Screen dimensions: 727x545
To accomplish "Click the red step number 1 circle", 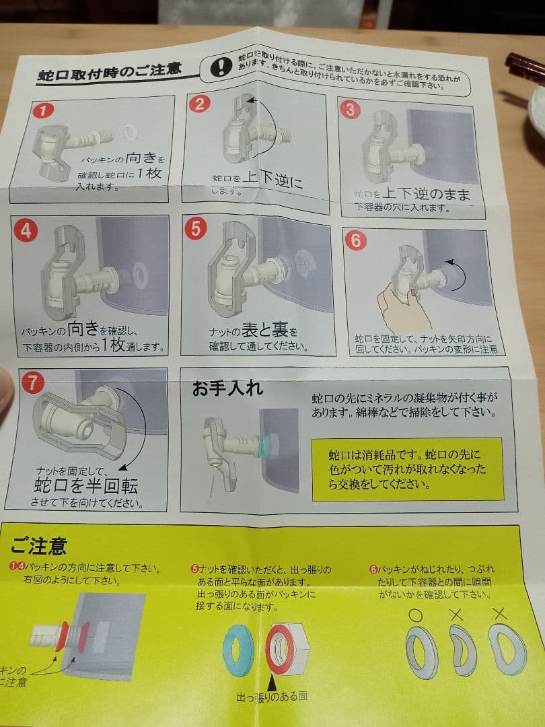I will tap(42, 111).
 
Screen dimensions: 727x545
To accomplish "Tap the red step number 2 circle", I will tap(200, 104).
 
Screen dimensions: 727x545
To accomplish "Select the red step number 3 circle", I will tap(350, 109).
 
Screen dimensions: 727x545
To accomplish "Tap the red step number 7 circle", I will tap(32, 382).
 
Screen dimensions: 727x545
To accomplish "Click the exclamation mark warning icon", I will tap(220, 67).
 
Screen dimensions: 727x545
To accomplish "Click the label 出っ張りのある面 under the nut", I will tap(271, 696).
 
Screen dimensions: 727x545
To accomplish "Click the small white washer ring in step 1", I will tap(129, 129).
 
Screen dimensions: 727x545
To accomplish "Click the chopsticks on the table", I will tap(525, 67).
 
